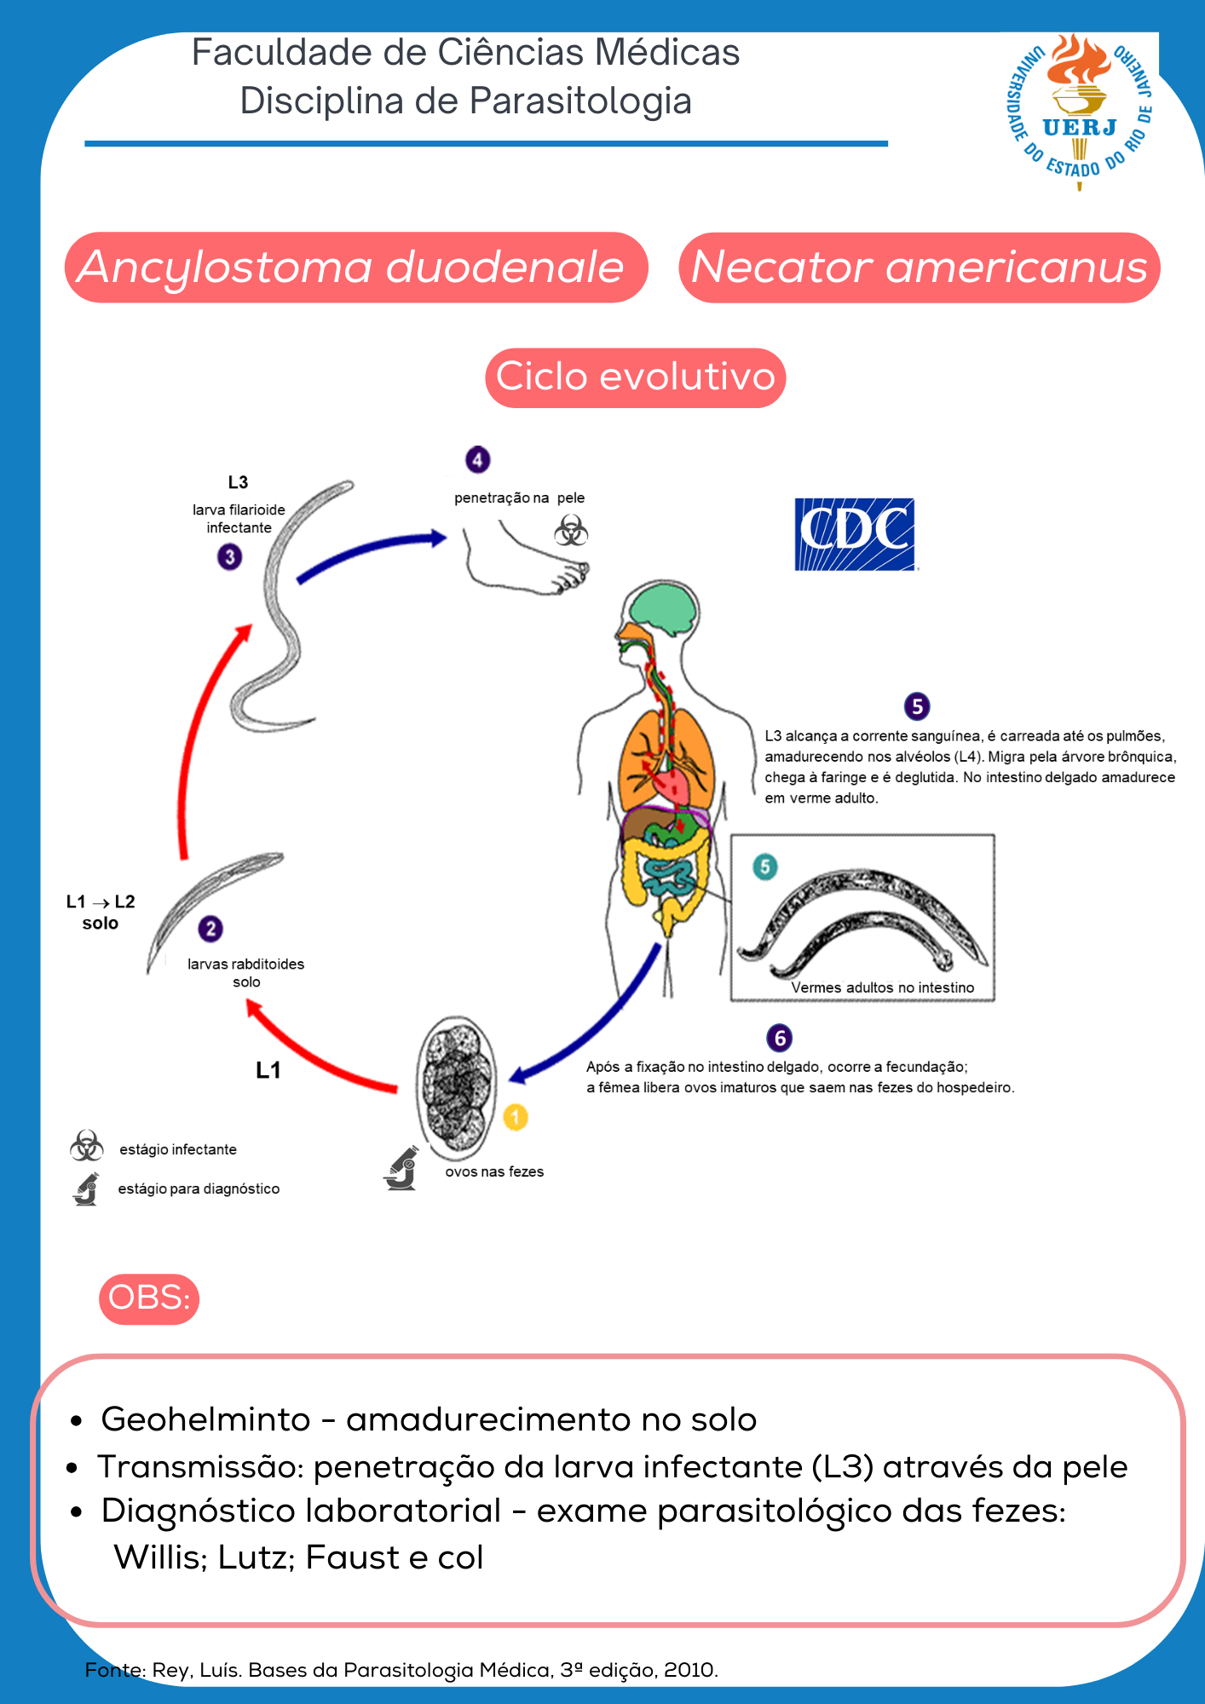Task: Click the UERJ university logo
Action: pyautogui.click(x=1080, y=111)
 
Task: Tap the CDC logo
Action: pyautogui.click(x=854, y=534)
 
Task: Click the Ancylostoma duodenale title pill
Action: pyautogui.click(x=355, y=268)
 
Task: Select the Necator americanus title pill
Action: pyautogui.click(x=919, y=268)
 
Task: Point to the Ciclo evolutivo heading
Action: pyautogui.click(x=635, y=377)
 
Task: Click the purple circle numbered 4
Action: pyautogui.click(x=477, y=460)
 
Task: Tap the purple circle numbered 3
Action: pyautogui.click(x=229, y=557)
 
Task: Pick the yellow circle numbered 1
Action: pyautogui.click(x=516, y=1116)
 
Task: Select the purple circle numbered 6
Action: pyautogui.click(x=779, y=1038)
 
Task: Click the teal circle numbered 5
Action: pyautogui.click(x=765, y=867)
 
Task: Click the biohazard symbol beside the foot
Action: pyautogui.click(x=571, y=531)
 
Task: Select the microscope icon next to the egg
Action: pyautogui.click(x=401, y=1168)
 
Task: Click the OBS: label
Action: pyautogui.click(x=149, y=1298)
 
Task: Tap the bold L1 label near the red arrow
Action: pyautogui.click(x=268, y=1070)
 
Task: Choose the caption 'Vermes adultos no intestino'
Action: pyautogui.click(x=882, y=987)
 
